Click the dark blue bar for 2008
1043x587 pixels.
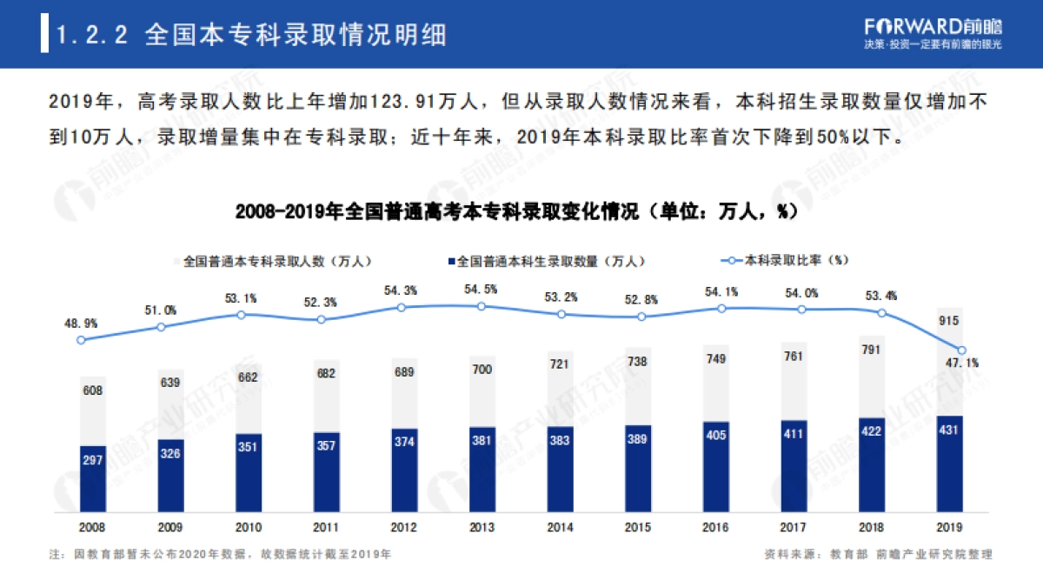(x=92, y=478)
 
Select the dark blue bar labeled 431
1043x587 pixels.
(x=949, y=464)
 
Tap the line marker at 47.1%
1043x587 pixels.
(x=962, y=350)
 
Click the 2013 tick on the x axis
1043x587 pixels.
(x=481, y=528)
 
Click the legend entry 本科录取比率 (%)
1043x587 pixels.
(x=786, y=260)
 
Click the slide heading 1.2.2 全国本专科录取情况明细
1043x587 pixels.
(x=252, y=35)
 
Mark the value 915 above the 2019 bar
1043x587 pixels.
(x=949, y=322)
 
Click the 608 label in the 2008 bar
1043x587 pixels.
(x=92, y=391)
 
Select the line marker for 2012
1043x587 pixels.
(x=401, y=307)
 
